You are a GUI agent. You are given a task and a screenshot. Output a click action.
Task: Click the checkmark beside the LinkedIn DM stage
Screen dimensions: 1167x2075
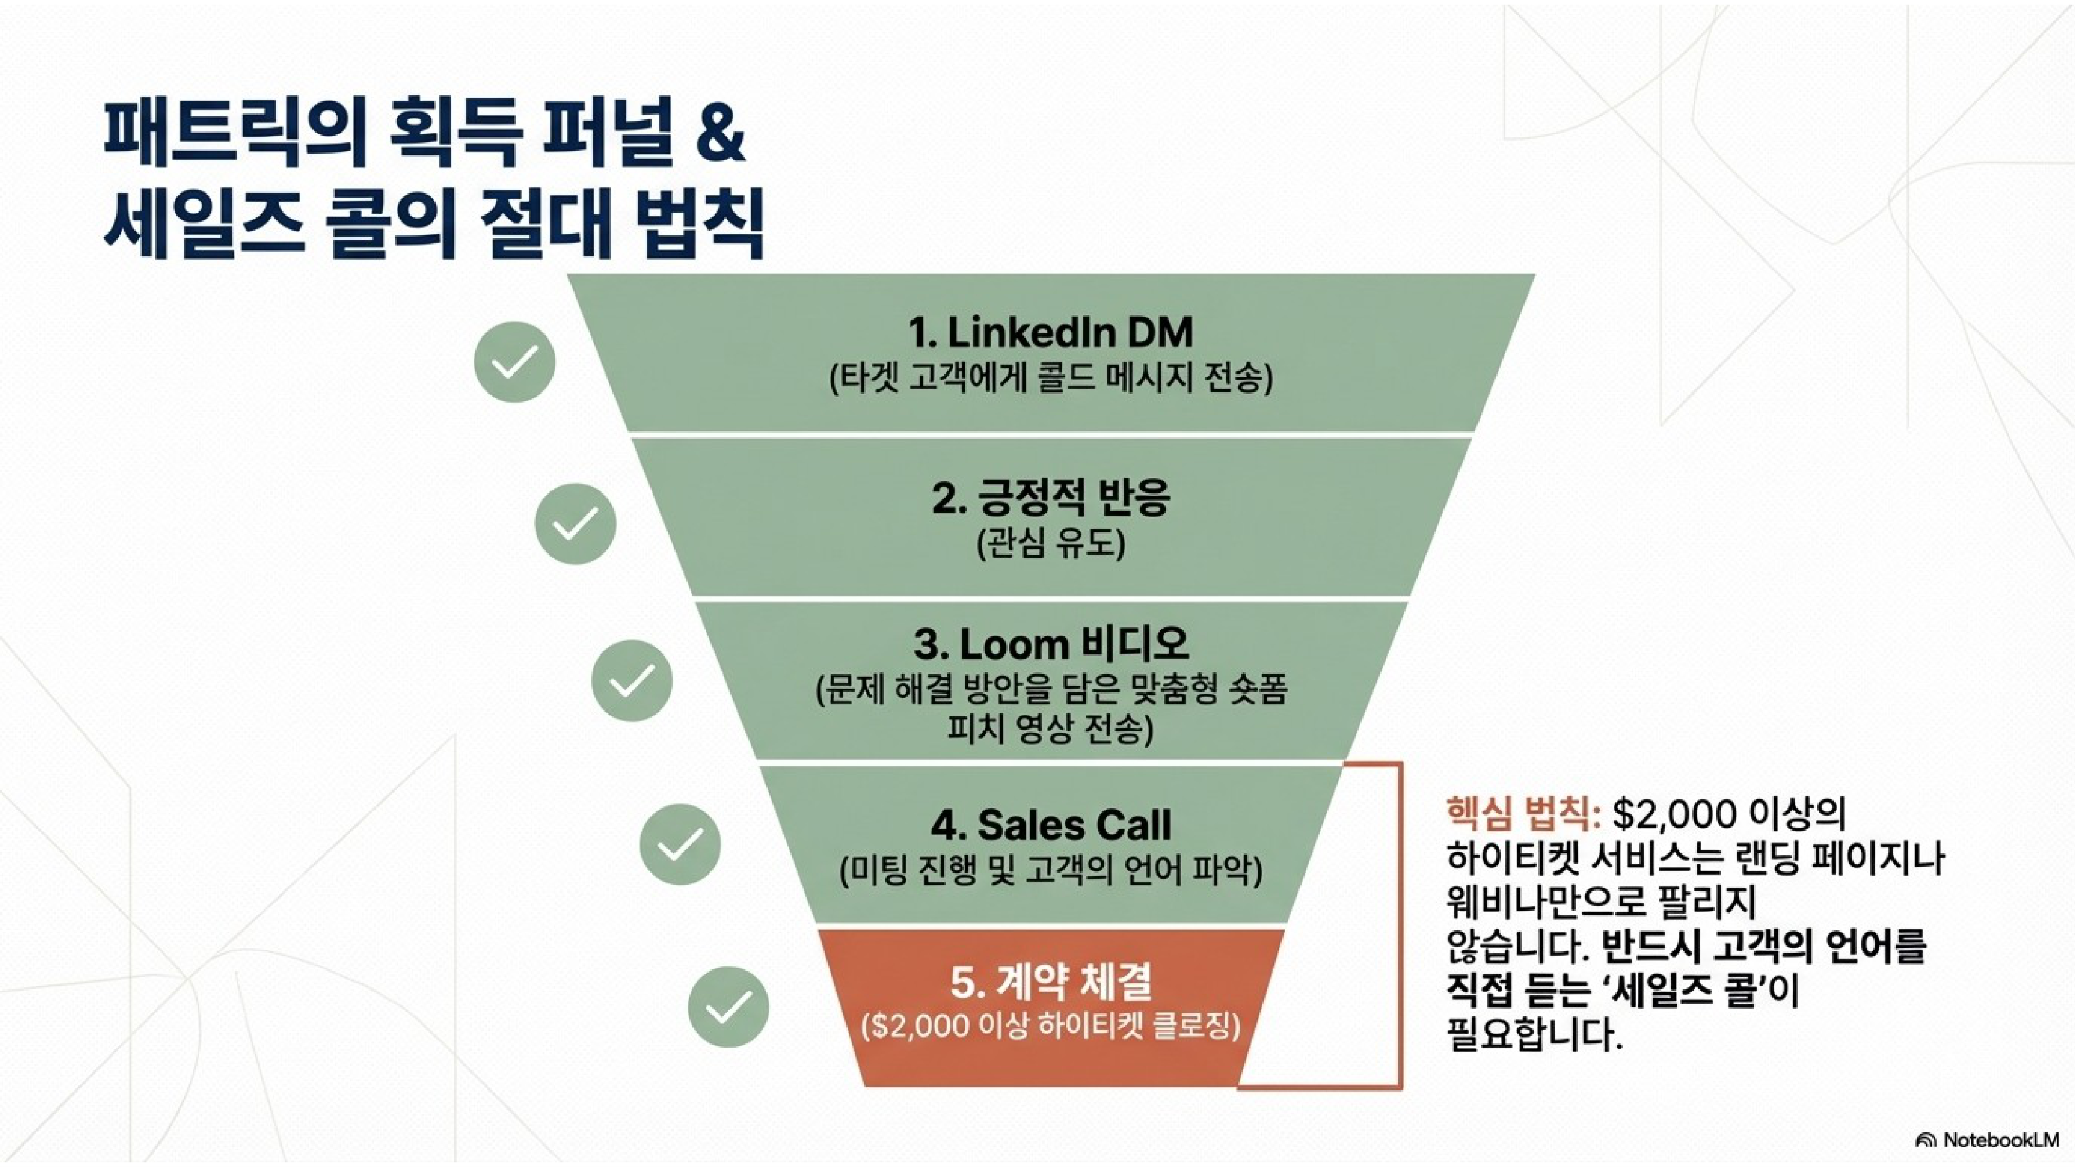tap(514, 362)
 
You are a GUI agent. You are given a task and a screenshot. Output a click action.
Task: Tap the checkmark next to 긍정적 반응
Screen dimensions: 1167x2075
tap(575, 523)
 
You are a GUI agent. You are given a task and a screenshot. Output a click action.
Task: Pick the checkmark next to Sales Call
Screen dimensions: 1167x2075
tap(680, 845)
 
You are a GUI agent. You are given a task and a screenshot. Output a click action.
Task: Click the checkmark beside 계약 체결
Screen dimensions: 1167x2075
tap(728, 1007)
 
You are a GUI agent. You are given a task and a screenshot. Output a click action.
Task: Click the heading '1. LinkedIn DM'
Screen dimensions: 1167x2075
tap(1050, 332)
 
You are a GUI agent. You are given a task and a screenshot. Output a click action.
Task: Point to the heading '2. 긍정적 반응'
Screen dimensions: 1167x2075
tap(1050, 497)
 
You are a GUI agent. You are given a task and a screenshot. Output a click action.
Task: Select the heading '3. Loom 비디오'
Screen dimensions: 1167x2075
tap(1050, 644)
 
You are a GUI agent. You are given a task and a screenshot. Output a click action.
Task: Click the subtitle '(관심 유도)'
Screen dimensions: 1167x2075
tap(1050, 544)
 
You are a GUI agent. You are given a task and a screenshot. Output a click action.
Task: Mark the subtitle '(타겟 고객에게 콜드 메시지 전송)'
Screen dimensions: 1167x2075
tap(1050, 379)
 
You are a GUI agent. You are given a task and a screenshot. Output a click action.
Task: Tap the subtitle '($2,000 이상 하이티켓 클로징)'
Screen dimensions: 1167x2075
tap(1050, 1027)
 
